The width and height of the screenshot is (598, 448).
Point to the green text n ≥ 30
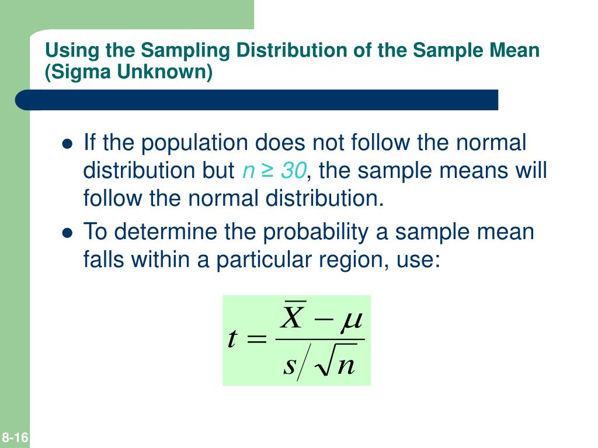[273, 171]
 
